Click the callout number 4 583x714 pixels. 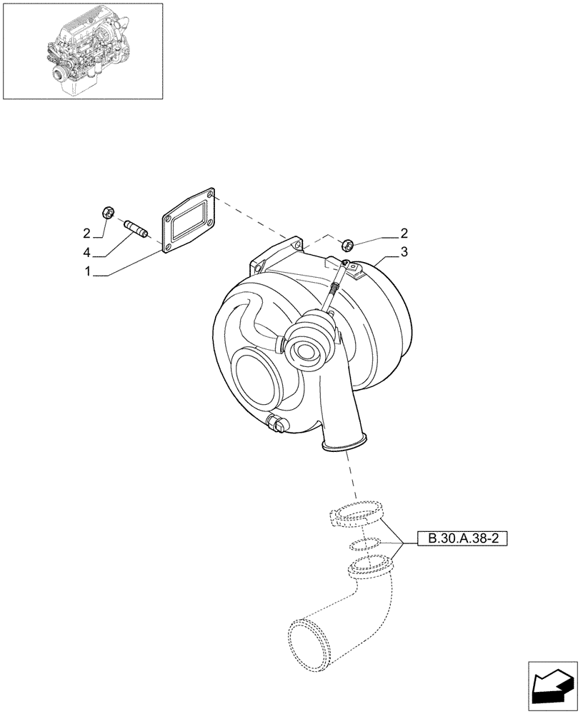point(87,252)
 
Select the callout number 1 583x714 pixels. point(87,272)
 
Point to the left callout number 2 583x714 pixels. point(87,233)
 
